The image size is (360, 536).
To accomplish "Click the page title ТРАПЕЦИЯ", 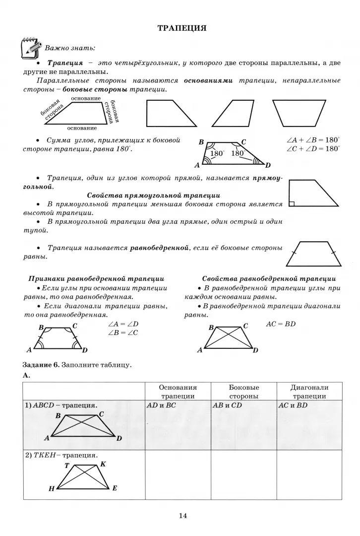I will pos(181,28).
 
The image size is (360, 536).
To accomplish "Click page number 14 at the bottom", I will pos(182,516).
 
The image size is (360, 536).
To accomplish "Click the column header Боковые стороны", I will pos(243,392).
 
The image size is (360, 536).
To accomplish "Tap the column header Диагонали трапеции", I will pos(309,392).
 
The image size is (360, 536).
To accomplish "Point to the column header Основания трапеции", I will pos(178,392).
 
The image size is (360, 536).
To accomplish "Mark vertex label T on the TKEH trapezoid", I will pos(67,466).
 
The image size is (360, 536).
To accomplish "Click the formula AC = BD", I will pos(281,324).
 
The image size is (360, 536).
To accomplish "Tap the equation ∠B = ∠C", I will pos(122,333).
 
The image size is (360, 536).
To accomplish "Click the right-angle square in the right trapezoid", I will pos(292,203).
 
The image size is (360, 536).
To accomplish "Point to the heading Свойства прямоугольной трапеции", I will pos(154,195).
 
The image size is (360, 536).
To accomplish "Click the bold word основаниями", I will pos(208,80).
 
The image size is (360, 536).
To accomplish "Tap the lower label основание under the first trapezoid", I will pos(82,128).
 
